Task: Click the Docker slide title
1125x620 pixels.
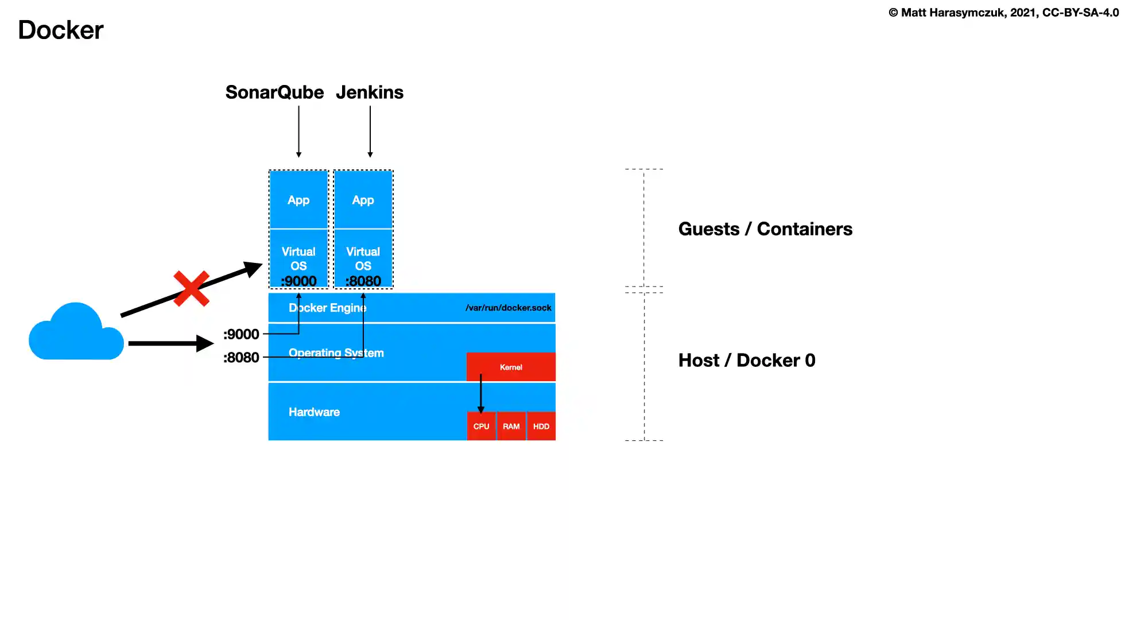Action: [61, 30]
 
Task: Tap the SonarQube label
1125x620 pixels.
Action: [274, 92]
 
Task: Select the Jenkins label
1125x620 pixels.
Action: [370, 92]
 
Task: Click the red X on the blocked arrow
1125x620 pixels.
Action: [191, 289]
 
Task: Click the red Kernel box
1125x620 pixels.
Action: [511, 367]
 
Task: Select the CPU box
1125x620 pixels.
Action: [481, 427]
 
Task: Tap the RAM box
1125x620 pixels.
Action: [511, 427]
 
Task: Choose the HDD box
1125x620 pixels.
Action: [541, 427]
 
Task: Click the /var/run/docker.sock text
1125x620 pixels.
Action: [508, 308]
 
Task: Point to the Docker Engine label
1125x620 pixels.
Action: [327, 308]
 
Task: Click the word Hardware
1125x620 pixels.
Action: [314, 412]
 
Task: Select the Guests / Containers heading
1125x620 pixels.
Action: [765, 229]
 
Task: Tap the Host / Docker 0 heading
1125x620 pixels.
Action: [747, 361]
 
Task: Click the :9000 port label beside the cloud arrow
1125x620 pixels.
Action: [241, 334]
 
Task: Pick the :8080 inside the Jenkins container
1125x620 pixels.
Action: [363, 281]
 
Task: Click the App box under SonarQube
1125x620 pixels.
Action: [298, 200]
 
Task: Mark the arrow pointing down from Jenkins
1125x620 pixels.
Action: [370, 131]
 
